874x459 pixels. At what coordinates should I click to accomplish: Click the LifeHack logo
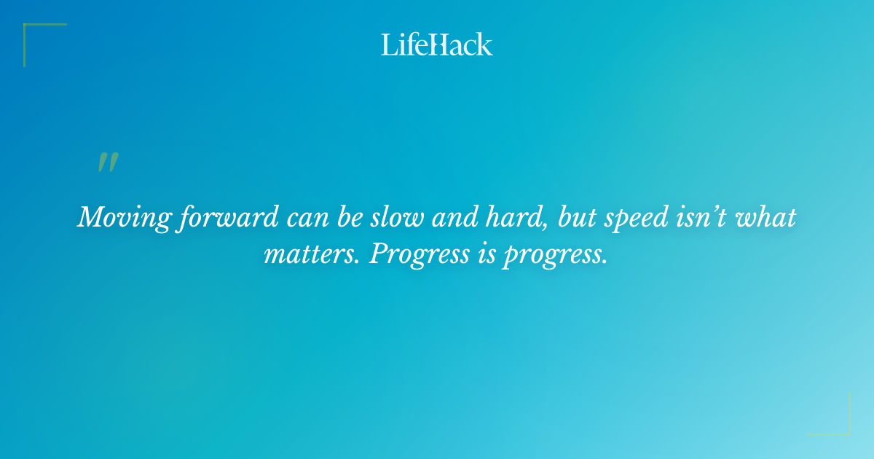click(437, 44)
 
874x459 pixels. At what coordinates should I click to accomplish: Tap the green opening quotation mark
click(108, 162)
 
